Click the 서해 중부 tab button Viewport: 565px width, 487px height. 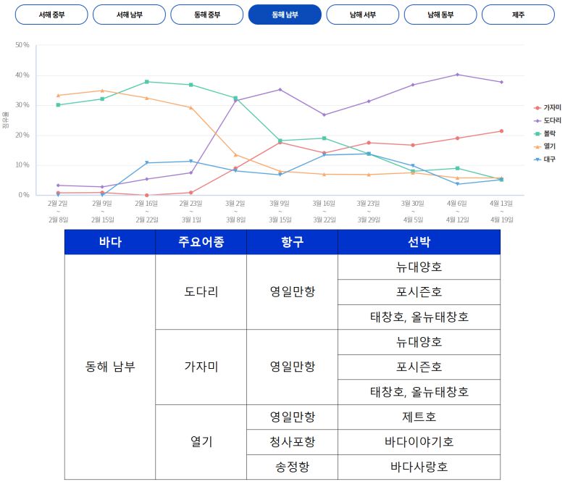[51, 14]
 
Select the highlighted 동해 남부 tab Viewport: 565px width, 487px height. [285, 14]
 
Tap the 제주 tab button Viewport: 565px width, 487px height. [518, 14]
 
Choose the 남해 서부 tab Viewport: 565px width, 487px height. [362, 14]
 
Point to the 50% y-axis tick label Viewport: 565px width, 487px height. [22, 45]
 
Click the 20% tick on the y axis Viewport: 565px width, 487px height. [22, 135]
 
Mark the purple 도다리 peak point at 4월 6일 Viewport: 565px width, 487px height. [457, 75]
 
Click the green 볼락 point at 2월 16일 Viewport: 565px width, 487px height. [147, 82]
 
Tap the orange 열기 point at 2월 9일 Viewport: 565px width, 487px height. [102, 91]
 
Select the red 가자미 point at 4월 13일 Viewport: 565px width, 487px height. [501, 131]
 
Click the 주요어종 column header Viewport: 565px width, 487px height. [201, 242]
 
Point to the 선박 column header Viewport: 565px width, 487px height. [419, 242]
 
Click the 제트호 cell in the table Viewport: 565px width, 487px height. [419, 417]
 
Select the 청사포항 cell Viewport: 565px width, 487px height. [292, 442]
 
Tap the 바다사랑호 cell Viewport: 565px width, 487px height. [419, 467]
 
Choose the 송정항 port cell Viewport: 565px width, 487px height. [292, 467]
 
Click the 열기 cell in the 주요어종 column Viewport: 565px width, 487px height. [201, 442]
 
